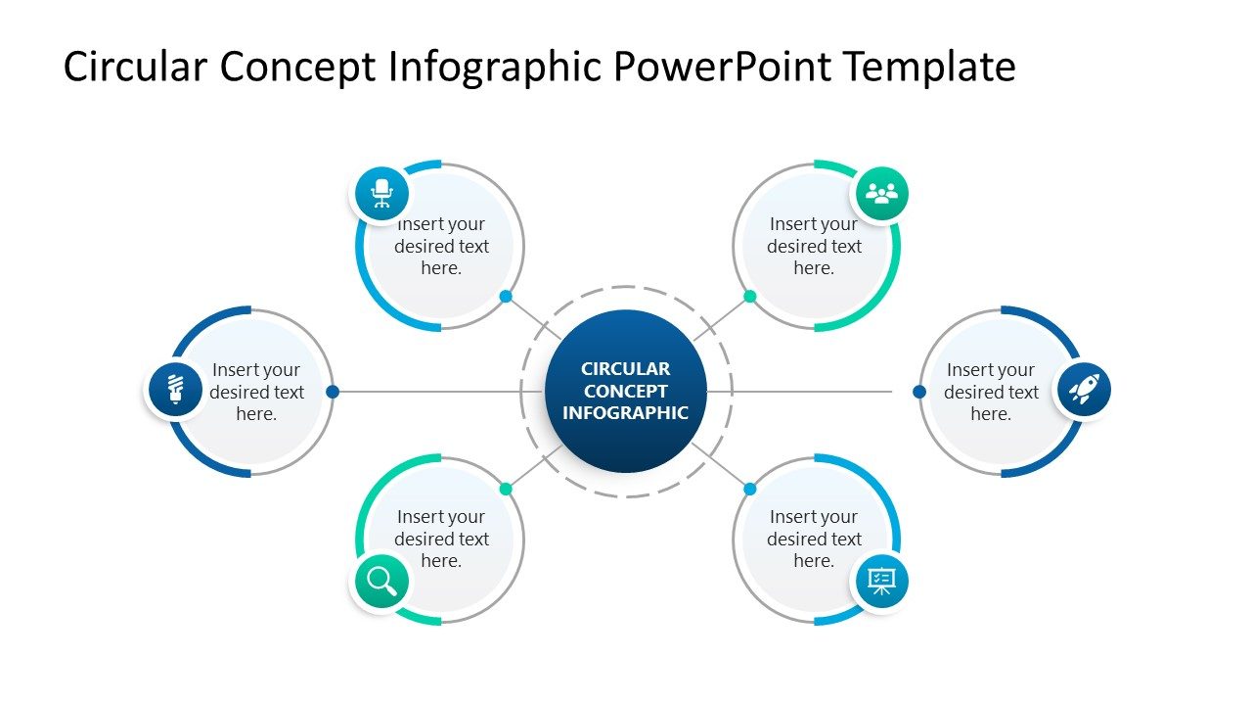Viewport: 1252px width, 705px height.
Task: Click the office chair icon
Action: coord(381,193)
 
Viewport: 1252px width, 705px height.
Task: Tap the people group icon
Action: coord(881,194)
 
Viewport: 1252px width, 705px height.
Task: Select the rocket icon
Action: coord(1083,390)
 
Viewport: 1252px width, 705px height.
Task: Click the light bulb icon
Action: coord(175,390)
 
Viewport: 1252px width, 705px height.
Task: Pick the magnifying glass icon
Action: coord(380,582)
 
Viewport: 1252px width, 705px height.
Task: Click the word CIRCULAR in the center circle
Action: coord(625,369)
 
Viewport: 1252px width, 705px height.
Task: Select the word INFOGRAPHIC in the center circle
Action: coord(625,412)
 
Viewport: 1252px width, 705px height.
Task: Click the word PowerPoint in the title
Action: coord(723,68)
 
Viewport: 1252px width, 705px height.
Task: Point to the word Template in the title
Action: coord(929,68)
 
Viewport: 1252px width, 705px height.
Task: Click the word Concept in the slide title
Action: coord(297,68)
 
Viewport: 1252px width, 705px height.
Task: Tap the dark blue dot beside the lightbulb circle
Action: coord(333,392)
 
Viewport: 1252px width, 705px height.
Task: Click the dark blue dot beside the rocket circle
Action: coord(919,392)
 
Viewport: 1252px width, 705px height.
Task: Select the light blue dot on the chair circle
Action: coord(506,296)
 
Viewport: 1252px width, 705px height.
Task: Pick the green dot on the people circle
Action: coord(749,296)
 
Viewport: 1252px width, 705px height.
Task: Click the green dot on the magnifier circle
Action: coord(506,489)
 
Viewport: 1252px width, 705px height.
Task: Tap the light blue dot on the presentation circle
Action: coord(749,489)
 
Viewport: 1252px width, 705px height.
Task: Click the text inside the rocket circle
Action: coord(990,392)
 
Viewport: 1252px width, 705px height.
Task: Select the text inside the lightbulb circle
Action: coord(256,392)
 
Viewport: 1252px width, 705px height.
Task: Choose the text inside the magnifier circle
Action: coord(441,539)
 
